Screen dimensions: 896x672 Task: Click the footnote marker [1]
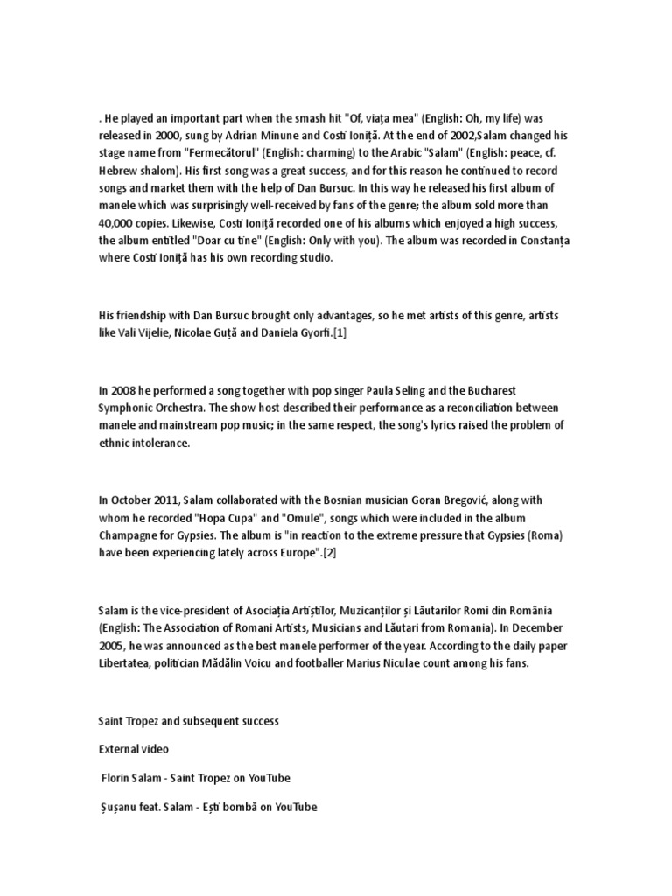coord(339,333)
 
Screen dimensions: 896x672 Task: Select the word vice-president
coord(194,609)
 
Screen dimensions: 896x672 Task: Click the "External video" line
coord(133,749)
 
